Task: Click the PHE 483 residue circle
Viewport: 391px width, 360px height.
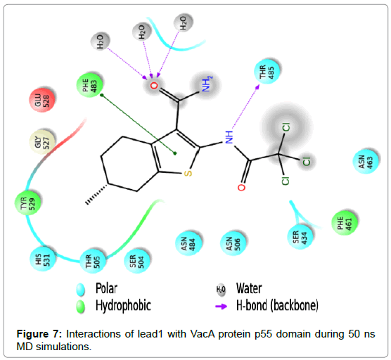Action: [x=89, y=85]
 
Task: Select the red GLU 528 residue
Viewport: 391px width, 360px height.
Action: [x=41, y=100]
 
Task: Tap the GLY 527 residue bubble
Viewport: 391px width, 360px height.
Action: [x=42, y=142]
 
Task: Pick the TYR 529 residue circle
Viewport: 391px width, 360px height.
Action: [x=27, y=202]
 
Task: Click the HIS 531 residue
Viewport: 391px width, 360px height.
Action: [x=42, y=259]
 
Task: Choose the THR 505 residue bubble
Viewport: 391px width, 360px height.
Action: [x=93, y=261]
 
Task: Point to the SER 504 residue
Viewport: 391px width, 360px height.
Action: [x=137, y=261]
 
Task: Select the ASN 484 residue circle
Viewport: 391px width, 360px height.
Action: [x=188, y=243]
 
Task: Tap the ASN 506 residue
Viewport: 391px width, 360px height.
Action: [x=233, y=243]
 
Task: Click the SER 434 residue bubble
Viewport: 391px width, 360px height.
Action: [x=300, y=236]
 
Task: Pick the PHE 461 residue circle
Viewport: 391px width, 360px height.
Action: [x=345, y=223]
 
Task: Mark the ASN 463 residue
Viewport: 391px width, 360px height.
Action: [x=366, y=161]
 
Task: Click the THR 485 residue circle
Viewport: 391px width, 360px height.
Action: [x=267, y=71]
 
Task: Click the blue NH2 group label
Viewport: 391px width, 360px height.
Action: [x=207, y=84]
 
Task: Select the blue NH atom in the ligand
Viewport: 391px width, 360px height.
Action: [x=229, y=137]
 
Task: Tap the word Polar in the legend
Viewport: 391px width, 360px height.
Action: [x=106, y=289]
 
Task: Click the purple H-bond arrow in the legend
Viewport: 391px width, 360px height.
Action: [x=222, y=306]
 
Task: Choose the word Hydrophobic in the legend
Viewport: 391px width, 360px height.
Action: [x=123, y=306]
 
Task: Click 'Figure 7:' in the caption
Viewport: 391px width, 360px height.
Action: [x=39, y=334]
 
